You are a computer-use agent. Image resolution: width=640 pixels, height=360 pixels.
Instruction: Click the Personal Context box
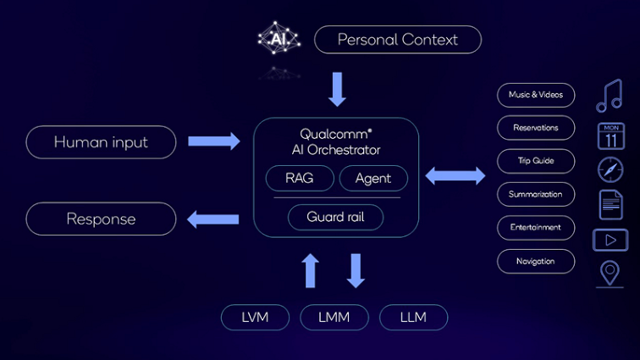(397, 40)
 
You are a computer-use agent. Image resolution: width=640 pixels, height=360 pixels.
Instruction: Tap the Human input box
(101, 142)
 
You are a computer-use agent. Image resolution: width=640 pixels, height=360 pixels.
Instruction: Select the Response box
(101, 219)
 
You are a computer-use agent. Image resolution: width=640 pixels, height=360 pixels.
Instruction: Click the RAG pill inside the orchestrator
(300, 179)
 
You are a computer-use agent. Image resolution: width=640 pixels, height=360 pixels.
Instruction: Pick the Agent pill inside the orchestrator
(373, 179)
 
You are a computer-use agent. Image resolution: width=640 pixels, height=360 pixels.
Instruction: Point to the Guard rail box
(335, 217)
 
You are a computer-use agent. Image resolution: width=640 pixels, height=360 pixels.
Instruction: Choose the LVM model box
(256, 318)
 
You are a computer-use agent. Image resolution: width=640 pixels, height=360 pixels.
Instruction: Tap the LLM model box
(413, 318)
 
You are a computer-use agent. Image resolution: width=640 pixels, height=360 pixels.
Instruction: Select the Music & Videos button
(536, 95)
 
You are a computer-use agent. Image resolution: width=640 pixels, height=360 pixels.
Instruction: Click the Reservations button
(536, 128)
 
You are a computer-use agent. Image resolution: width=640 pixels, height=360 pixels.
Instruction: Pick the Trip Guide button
(536, 161)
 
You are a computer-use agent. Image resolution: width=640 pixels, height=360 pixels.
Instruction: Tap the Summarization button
(536, 194)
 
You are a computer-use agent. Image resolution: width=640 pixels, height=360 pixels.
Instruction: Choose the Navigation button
(536, 261)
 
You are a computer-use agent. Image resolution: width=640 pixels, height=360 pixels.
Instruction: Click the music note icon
(610, 96)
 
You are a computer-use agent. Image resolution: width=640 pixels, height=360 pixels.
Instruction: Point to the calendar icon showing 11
(610, 136)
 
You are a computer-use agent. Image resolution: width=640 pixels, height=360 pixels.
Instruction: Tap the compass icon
(610, 170)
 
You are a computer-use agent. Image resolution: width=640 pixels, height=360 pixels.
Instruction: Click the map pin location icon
(610, 274)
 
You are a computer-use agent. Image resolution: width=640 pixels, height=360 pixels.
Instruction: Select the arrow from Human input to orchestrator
(213, 141)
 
